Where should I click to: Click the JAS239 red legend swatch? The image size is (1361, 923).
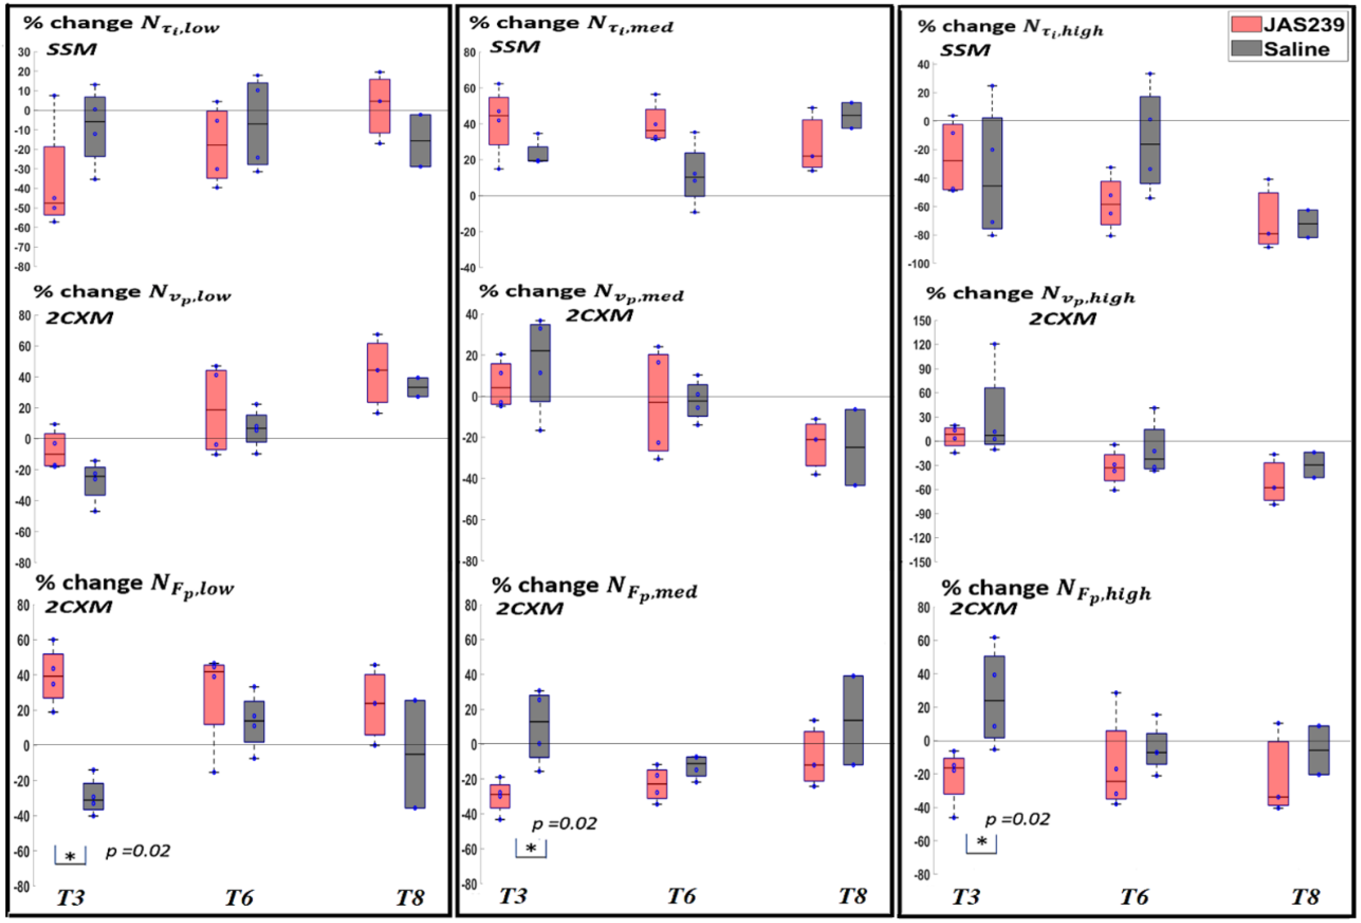coord(1245,24)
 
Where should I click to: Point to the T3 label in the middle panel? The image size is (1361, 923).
coord(513,895)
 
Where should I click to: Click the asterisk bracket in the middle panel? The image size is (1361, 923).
coord(531,849)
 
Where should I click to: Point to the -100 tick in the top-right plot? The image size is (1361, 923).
coord(919,264)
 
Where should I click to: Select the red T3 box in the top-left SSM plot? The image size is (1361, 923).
coord(55,181)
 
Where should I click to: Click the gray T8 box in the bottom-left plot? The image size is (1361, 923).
coord(415,754)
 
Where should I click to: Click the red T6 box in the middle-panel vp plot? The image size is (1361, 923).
coord(658,402)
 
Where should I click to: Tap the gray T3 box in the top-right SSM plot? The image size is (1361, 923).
coord(992,173)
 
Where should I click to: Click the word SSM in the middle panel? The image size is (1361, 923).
coord(515,47)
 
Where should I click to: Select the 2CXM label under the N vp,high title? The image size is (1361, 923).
coord(1063,319)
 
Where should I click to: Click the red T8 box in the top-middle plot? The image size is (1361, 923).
coord(812,143)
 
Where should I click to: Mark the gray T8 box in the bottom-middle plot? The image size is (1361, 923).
coord(853,720)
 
